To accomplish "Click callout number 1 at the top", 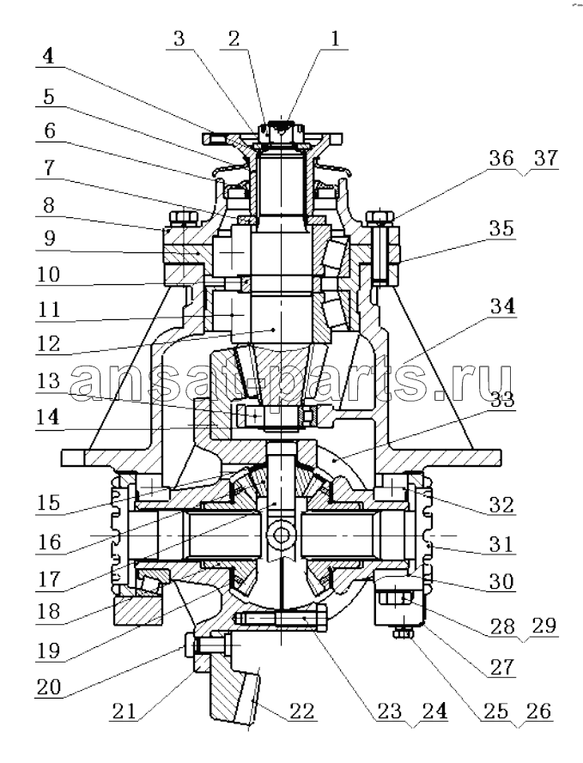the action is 334,39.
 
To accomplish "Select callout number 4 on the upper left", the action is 48,57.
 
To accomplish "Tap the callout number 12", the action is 49,343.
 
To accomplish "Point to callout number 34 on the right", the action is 502,306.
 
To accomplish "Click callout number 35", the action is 501,228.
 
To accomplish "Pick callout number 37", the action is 545,158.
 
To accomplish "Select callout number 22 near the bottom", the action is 302,711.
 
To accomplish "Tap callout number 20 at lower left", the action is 49,687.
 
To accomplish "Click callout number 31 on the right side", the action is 501,543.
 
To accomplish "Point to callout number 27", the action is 501,667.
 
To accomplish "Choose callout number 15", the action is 49,503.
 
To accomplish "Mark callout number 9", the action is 49,238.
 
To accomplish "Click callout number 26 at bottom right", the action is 538,712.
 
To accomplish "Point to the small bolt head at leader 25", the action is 403,633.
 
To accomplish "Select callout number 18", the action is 49,611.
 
